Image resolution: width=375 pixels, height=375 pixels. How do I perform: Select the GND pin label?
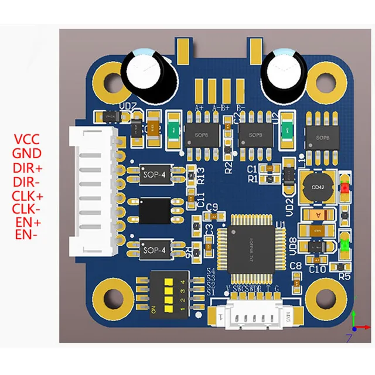(x=28, y=154)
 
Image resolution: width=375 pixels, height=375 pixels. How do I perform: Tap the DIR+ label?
(x=28, y=168)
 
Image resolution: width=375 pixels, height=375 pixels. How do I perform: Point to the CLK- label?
(x=28, y=209)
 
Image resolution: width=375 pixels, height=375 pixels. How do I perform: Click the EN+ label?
(x=28, y=223)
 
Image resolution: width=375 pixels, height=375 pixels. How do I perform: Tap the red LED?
(x=346, y=189)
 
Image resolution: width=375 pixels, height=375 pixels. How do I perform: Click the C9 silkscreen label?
(x=212, y=206)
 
